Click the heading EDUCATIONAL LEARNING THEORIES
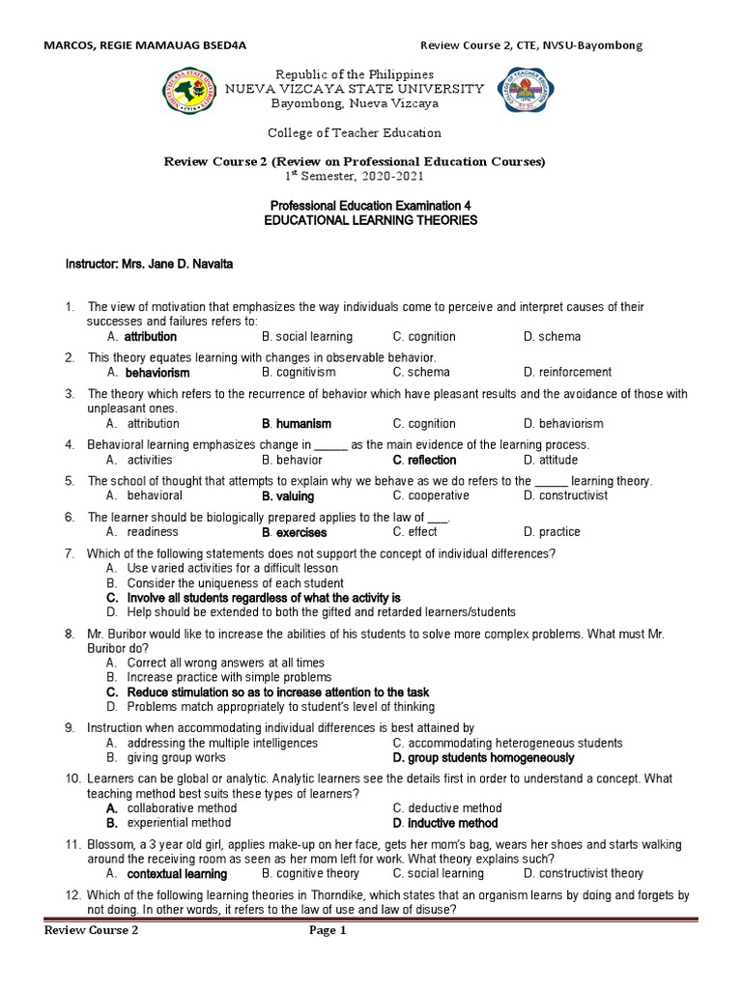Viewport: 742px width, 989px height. pos(371,221)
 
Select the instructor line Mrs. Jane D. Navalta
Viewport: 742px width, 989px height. pos(149,264)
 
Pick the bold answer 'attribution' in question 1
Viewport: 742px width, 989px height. pos(151,337)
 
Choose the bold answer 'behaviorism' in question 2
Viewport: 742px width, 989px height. pos(157,372)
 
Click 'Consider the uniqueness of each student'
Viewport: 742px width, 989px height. pos(235,583)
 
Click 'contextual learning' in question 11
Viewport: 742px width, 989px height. pos(177,874)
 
